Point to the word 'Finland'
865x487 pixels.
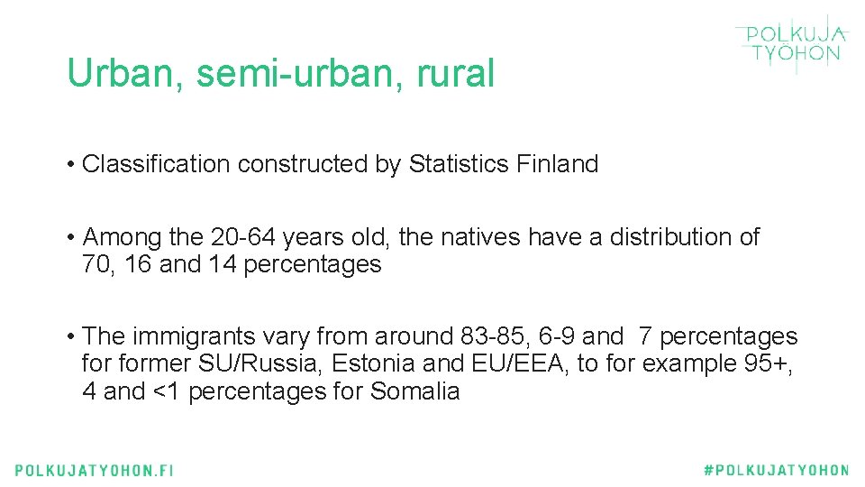(558, 164)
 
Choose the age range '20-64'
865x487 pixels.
(242, 237)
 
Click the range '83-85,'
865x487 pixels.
(496, 336)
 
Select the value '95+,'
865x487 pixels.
(769, 364)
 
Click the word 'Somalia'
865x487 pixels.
(415, 392)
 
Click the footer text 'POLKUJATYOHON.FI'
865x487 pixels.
(94, 470)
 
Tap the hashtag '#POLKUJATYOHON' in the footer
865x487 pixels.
(776, 470)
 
